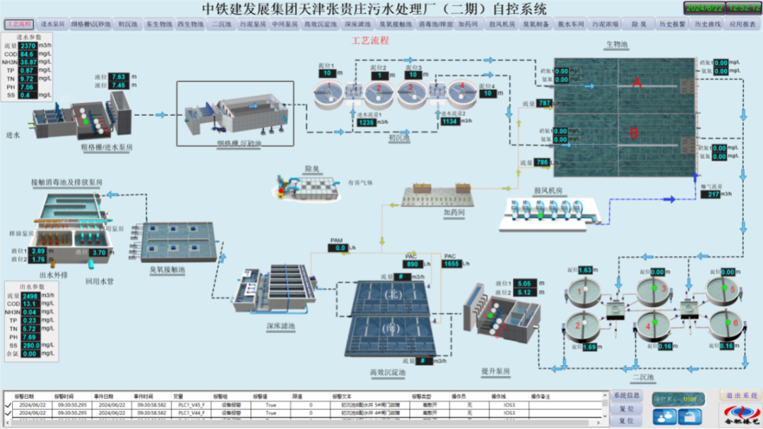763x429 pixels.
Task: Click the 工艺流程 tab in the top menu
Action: pyautogui.click(x=19, y=24)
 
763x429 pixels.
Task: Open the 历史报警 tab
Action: pyautogui.click(x=672, y=24)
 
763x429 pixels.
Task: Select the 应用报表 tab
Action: pyautogui.click(x=743, y=24)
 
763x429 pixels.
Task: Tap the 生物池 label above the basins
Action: pyautogui.click(x=615, y=45)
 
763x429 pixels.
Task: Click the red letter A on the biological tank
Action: pyautogui.click(x=636, y=83)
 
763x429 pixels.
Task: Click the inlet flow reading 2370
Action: pyautogui.click(x=28, y=45)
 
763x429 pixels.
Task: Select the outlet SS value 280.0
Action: pyautogui.click(x=31, y=345)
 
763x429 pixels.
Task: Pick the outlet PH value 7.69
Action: pyautogui.click(x=29, y=337)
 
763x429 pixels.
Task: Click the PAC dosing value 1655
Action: pyautogui.click(x=452, y=263)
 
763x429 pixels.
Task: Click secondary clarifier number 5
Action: pyautogui.click(x=733, y=289)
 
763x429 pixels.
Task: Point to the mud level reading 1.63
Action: pyautogui.click(x=586, y=270)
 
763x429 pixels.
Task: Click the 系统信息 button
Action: pyautogui.click(x=626, y=396)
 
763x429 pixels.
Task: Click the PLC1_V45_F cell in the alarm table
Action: pyautogui.click(x=191, y=404)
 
